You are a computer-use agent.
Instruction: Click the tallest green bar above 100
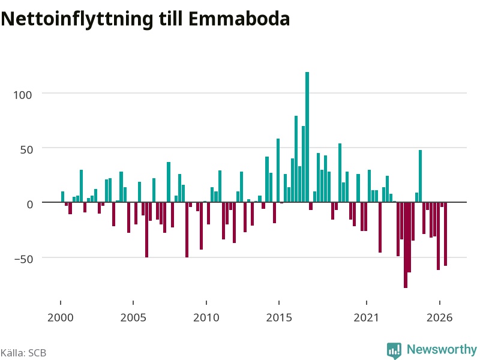click(307, 137)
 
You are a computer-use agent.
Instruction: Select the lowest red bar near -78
click(406, 245)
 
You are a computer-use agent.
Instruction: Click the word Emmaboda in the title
click(239, 19)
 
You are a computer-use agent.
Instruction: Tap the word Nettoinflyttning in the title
click(77, 19)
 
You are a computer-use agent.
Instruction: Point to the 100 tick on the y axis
click(22, 95)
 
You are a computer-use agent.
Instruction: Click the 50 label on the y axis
click(26, 149)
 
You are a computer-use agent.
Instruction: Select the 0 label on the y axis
click(29, 204)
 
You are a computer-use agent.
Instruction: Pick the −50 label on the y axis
click(23, 259)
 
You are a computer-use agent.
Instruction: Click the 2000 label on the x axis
click(61, 317)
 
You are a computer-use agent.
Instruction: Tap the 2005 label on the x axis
click(133, 317)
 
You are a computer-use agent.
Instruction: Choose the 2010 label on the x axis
click(206, 317)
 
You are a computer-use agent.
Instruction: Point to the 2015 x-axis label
click(279, 317)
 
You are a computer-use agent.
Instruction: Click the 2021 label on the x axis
click(366, 317)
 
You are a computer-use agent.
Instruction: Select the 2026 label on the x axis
click(439, 317)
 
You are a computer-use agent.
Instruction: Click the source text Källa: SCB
click(23, 353)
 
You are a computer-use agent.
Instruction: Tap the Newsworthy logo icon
click(394, 350)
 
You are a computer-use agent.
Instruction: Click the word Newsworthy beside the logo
click(442, 349)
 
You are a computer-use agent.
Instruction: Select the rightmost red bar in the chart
click(445, 234)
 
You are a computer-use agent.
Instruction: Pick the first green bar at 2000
click(63, 197)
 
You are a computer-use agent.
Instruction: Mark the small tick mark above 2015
click(279, 303)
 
